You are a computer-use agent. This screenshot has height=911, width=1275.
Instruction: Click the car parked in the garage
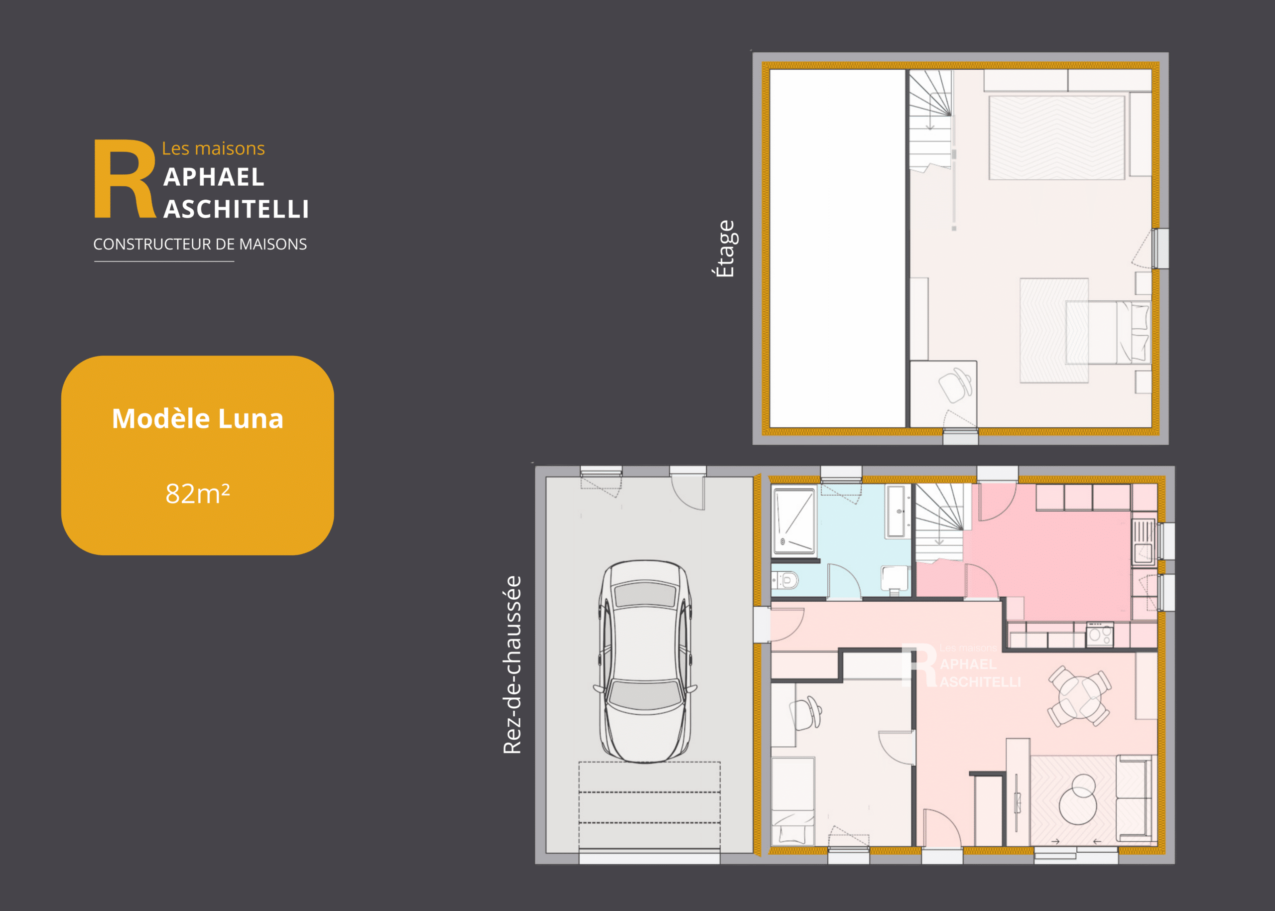pyautogui.click(x=645, y=661)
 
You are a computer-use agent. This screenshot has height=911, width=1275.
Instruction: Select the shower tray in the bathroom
pyautogui.click(x=794, y=521)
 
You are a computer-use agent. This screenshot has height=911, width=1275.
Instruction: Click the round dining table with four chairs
pyautogui.click(x=1079, y=696)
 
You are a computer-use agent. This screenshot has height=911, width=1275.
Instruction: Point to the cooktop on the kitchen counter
pyautogui.click(x=1099, y=635)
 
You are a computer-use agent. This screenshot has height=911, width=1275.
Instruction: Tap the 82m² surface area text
pyautogui.click(x=197, y=494)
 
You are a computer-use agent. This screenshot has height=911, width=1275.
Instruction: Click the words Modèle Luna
pyautogui.click(x=197, y=418)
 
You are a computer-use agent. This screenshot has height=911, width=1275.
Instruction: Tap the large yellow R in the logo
pyautogui.click(x=125, y=178)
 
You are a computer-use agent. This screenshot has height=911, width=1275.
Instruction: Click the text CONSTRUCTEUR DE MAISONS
pyautogui.click(x=200, y=244)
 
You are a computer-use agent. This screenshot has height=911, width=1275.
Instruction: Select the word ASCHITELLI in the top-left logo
pyautogui.click(x=236, y=209)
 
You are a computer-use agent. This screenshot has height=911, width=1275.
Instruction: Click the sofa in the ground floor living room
pyautogui.click(x=1134, y=798)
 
